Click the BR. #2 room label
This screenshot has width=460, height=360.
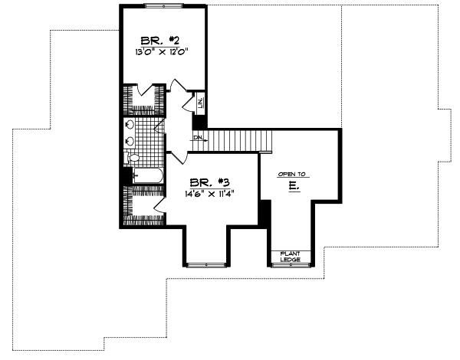tap(159, 40)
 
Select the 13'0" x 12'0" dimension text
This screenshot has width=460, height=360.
tap(160, 53)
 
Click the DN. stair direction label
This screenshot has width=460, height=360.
tap(198, 138)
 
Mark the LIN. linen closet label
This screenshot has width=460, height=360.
tap(199, 101)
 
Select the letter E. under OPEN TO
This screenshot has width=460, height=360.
tap(293, 186)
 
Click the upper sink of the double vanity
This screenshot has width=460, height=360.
tap(129, 125)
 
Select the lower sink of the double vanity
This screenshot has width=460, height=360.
tap(129, 140)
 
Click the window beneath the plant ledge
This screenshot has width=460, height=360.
tap(292, 265)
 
